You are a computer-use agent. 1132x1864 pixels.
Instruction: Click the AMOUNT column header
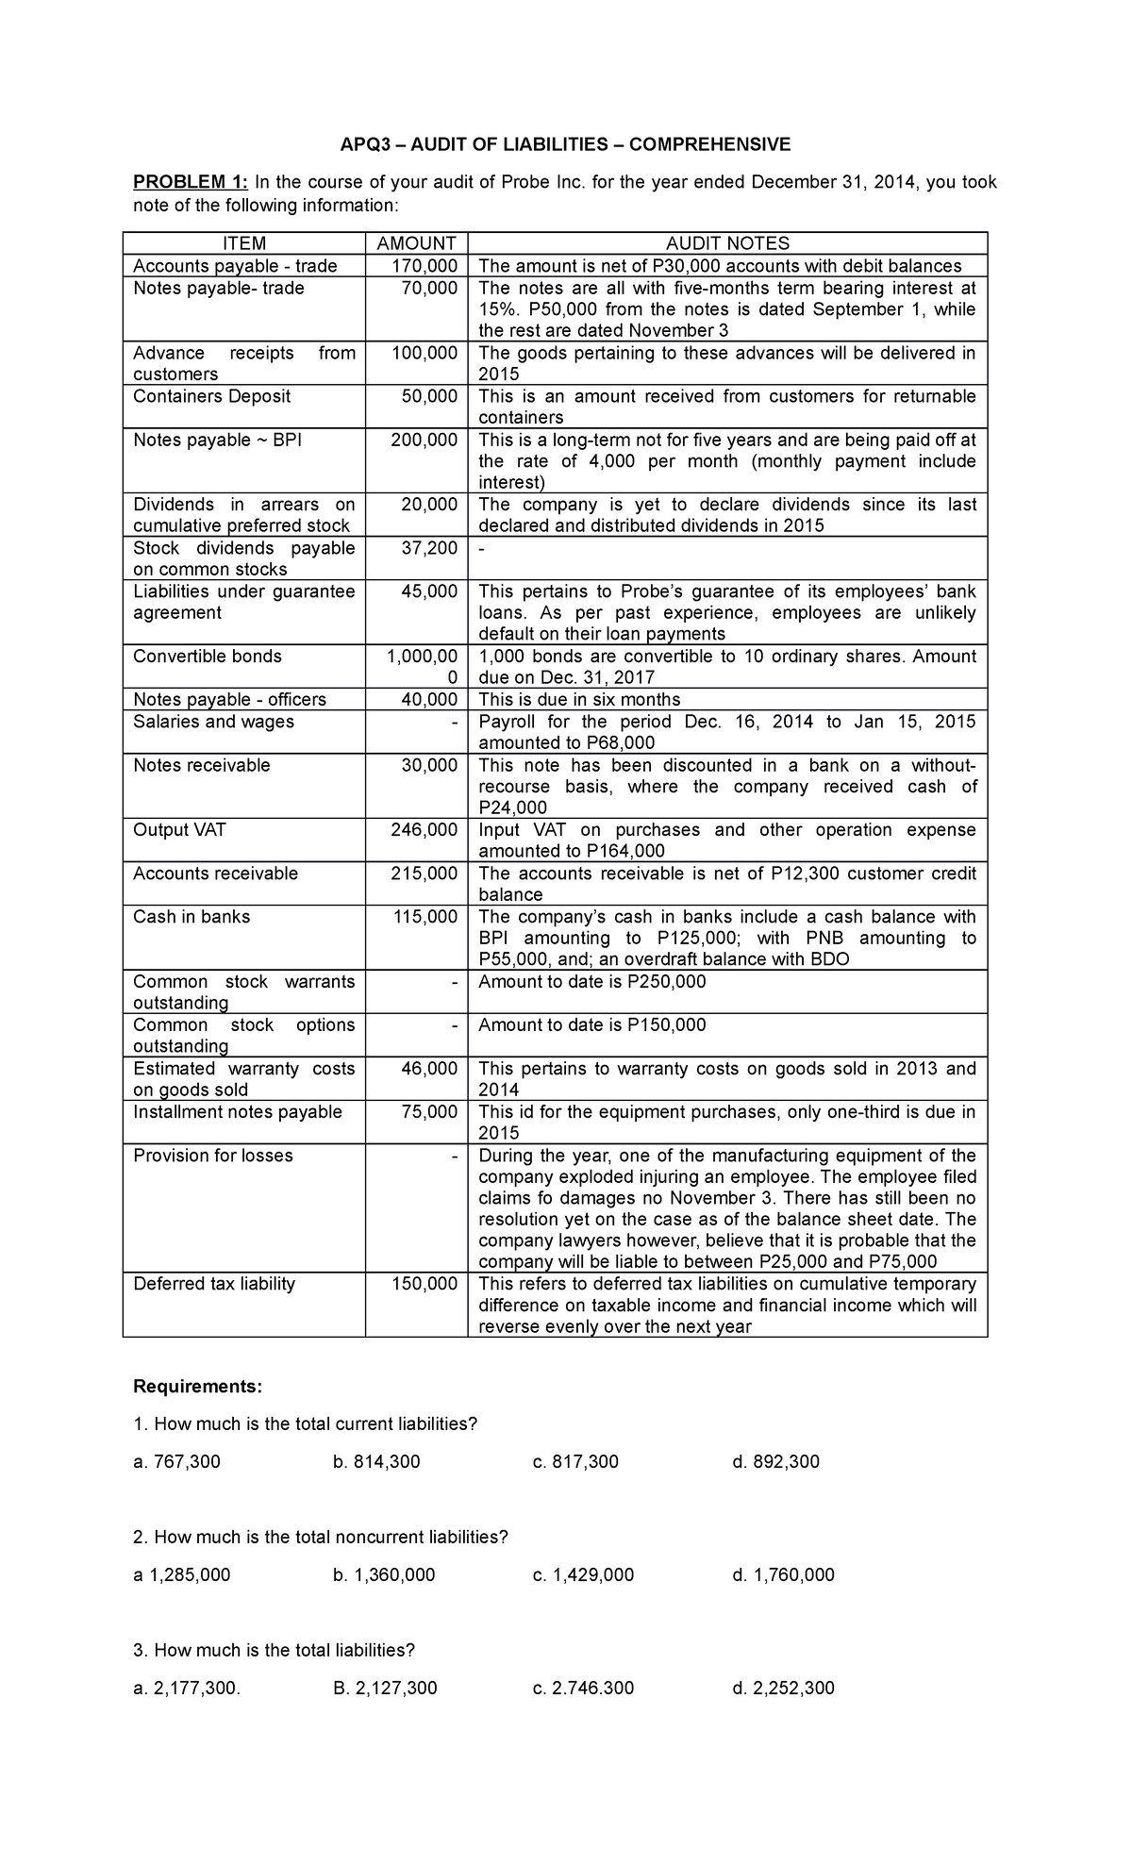(x=416, y=243)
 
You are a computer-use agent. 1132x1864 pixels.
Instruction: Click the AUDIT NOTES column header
(x=727, y=243)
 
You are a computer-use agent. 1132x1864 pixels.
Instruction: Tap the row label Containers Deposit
(x=212, y=396)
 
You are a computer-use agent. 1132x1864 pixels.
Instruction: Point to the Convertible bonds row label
(x=208, y=657)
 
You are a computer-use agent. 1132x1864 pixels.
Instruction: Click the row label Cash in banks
(x=191, y=917)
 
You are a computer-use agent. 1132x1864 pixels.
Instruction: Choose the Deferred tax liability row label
(x=214, y=1284)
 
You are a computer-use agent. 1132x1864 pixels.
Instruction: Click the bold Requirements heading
(x=197, y=1387)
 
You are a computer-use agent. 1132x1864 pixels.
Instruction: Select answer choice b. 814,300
(x=376, y=1462)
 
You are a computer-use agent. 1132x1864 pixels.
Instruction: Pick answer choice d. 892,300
(x=775, y=1462)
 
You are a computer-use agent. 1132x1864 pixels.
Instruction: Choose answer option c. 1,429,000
(x=583, y=1575)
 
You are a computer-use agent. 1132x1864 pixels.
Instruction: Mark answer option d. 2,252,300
(x=783, y=1689)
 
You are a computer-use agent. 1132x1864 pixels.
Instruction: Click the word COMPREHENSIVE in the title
(x=710, y=144)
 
